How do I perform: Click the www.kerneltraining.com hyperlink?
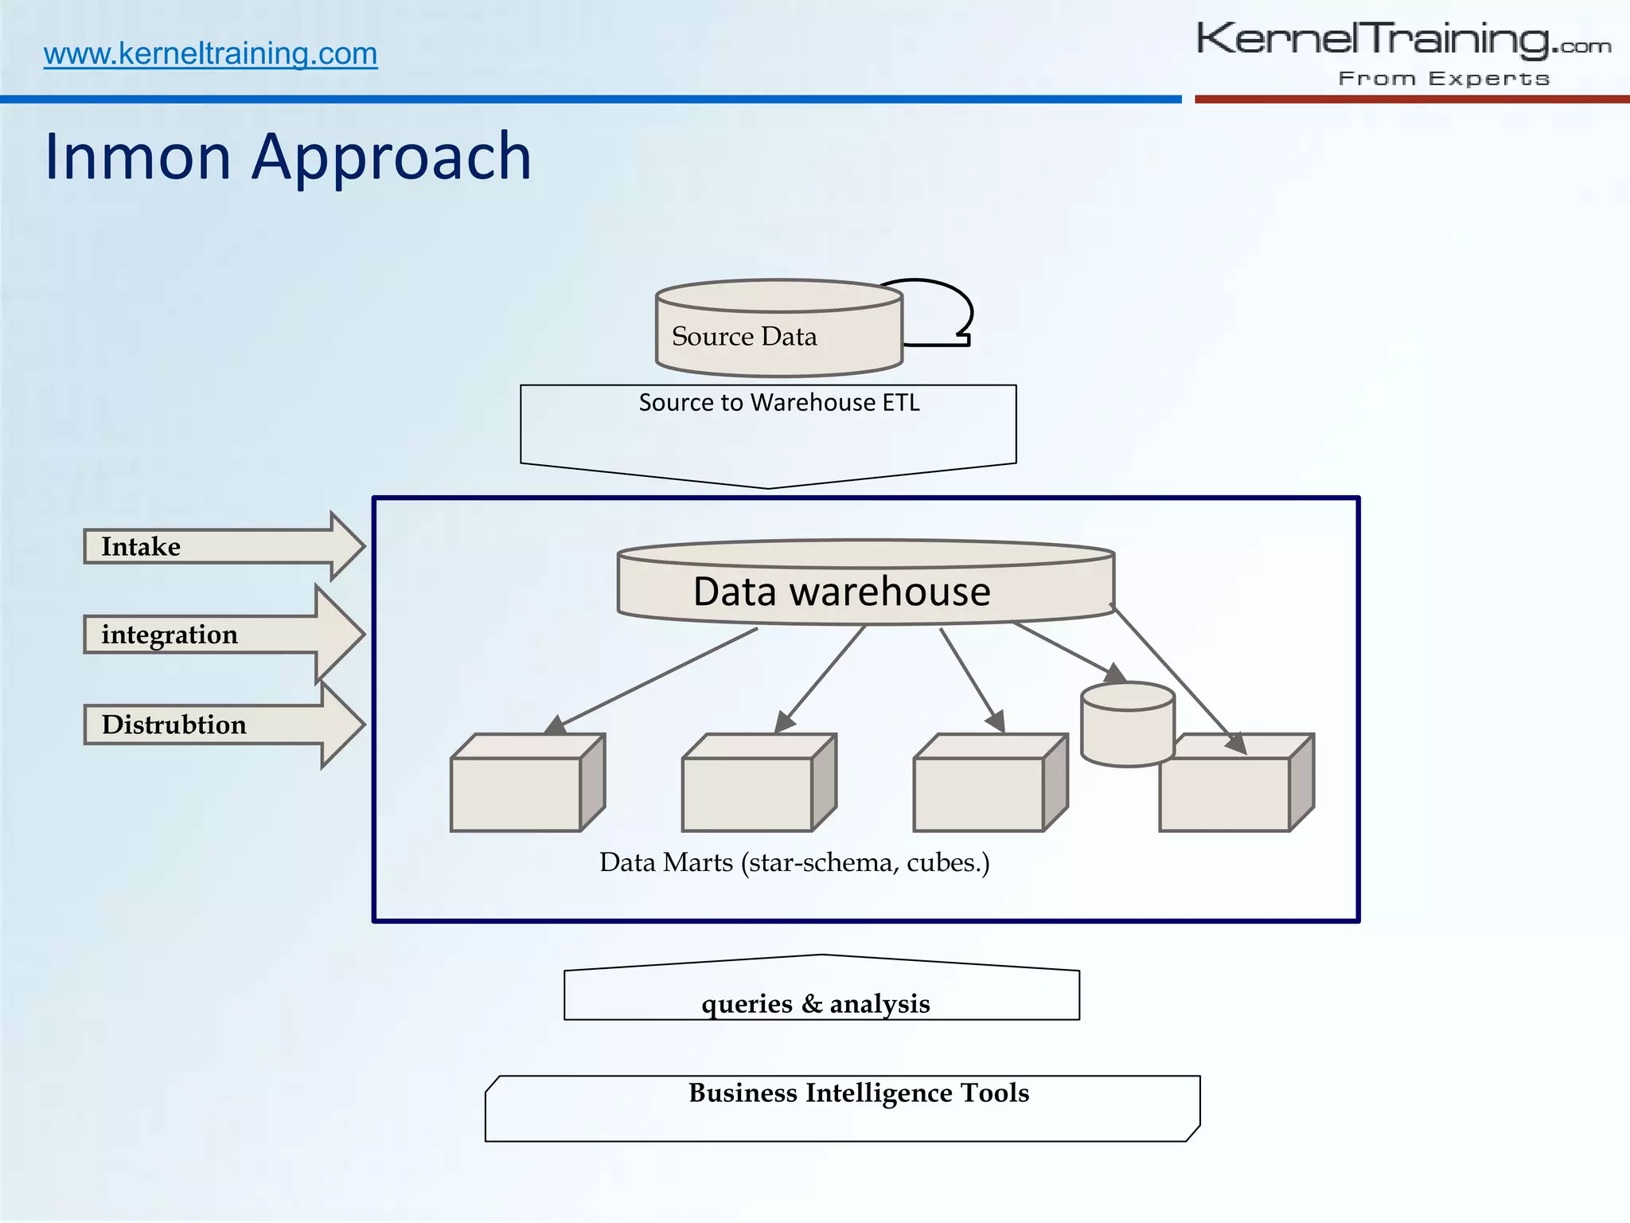(x=210, y=54)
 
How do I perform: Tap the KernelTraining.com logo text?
(x=1402, y=40)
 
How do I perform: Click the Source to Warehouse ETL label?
(x=778, y=403)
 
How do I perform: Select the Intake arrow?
(x=223, y=546)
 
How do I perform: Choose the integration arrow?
(x=223, y=635)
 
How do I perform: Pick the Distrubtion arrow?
(x=223, y=725)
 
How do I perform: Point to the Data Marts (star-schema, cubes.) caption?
(x=794, y=862)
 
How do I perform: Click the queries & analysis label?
(x=816, y=1003)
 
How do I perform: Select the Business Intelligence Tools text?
(x=858, y=1093)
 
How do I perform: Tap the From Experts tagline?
(x=1444, y=79)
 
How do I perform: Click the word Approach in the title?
(x=392, y=157)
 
